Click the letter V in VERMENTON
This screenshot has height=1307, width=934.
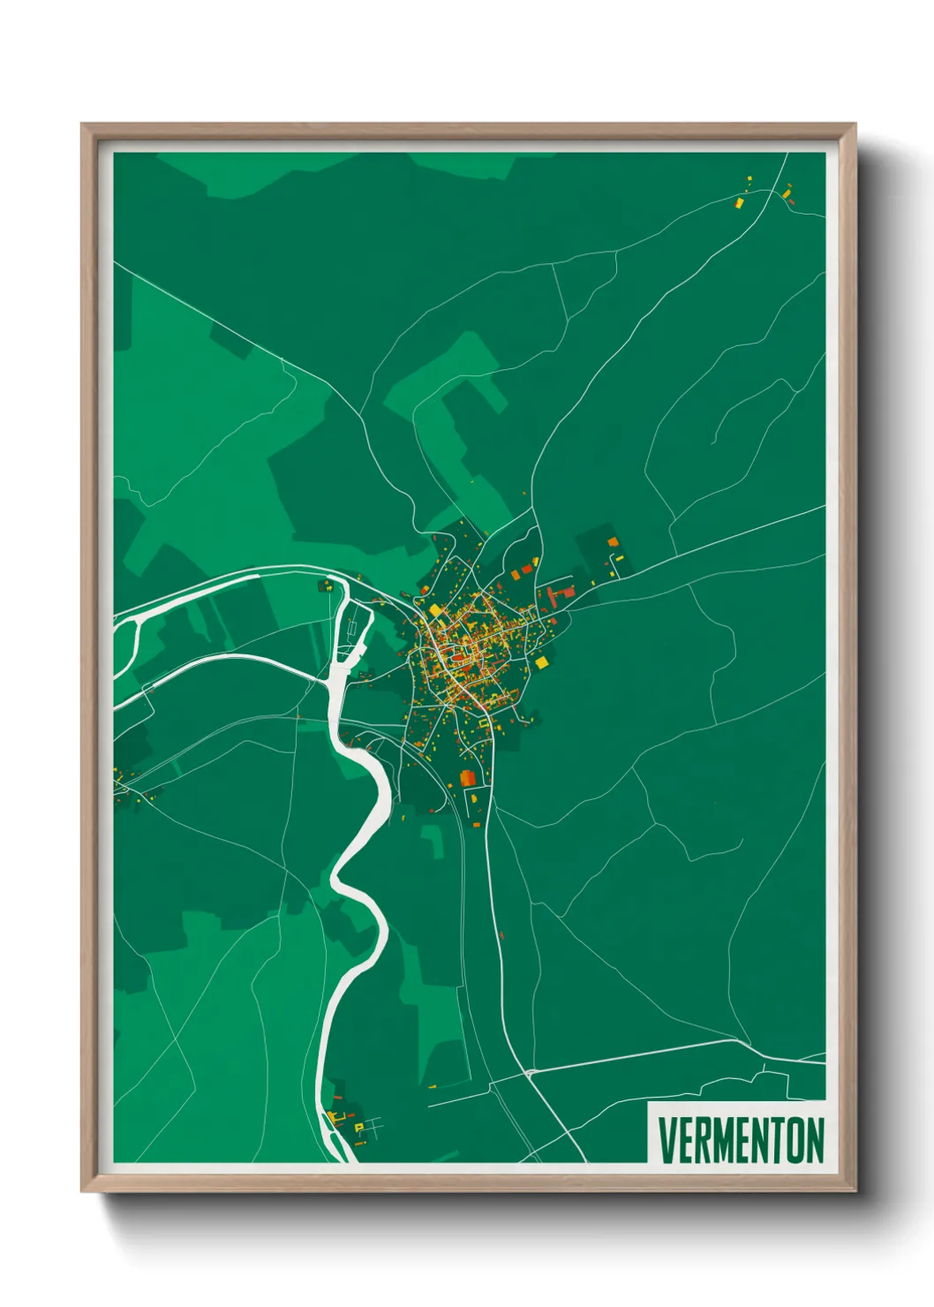tap(667, 1140)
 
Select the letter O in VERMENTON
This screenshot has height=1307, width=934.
tap(793, 1140)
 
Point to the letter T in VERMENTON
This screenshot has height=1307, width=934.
tap(775, 1140)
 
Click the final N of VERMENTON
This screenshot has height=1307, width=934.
tap(814, 1140)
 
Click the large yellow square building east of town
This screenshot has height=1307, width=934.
tap(541, 661)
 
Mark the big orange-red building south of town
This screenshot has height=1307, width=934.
tap(467, 777)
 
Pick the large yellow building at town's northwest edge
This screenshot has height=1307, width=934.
tap(435, 610)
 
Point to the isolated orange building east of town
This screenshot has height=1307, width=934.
tap(613, 541)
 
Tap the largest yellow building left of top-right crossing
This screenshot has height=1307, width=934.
tap(739, 202)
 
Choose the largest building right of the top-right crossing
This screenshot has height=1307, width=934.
tap(787, 191)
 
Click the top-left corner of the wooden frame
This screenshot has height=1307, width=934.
tap(82, 125)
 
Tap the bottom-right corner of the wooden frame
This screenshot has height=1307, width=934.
tap(855, 1191)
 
